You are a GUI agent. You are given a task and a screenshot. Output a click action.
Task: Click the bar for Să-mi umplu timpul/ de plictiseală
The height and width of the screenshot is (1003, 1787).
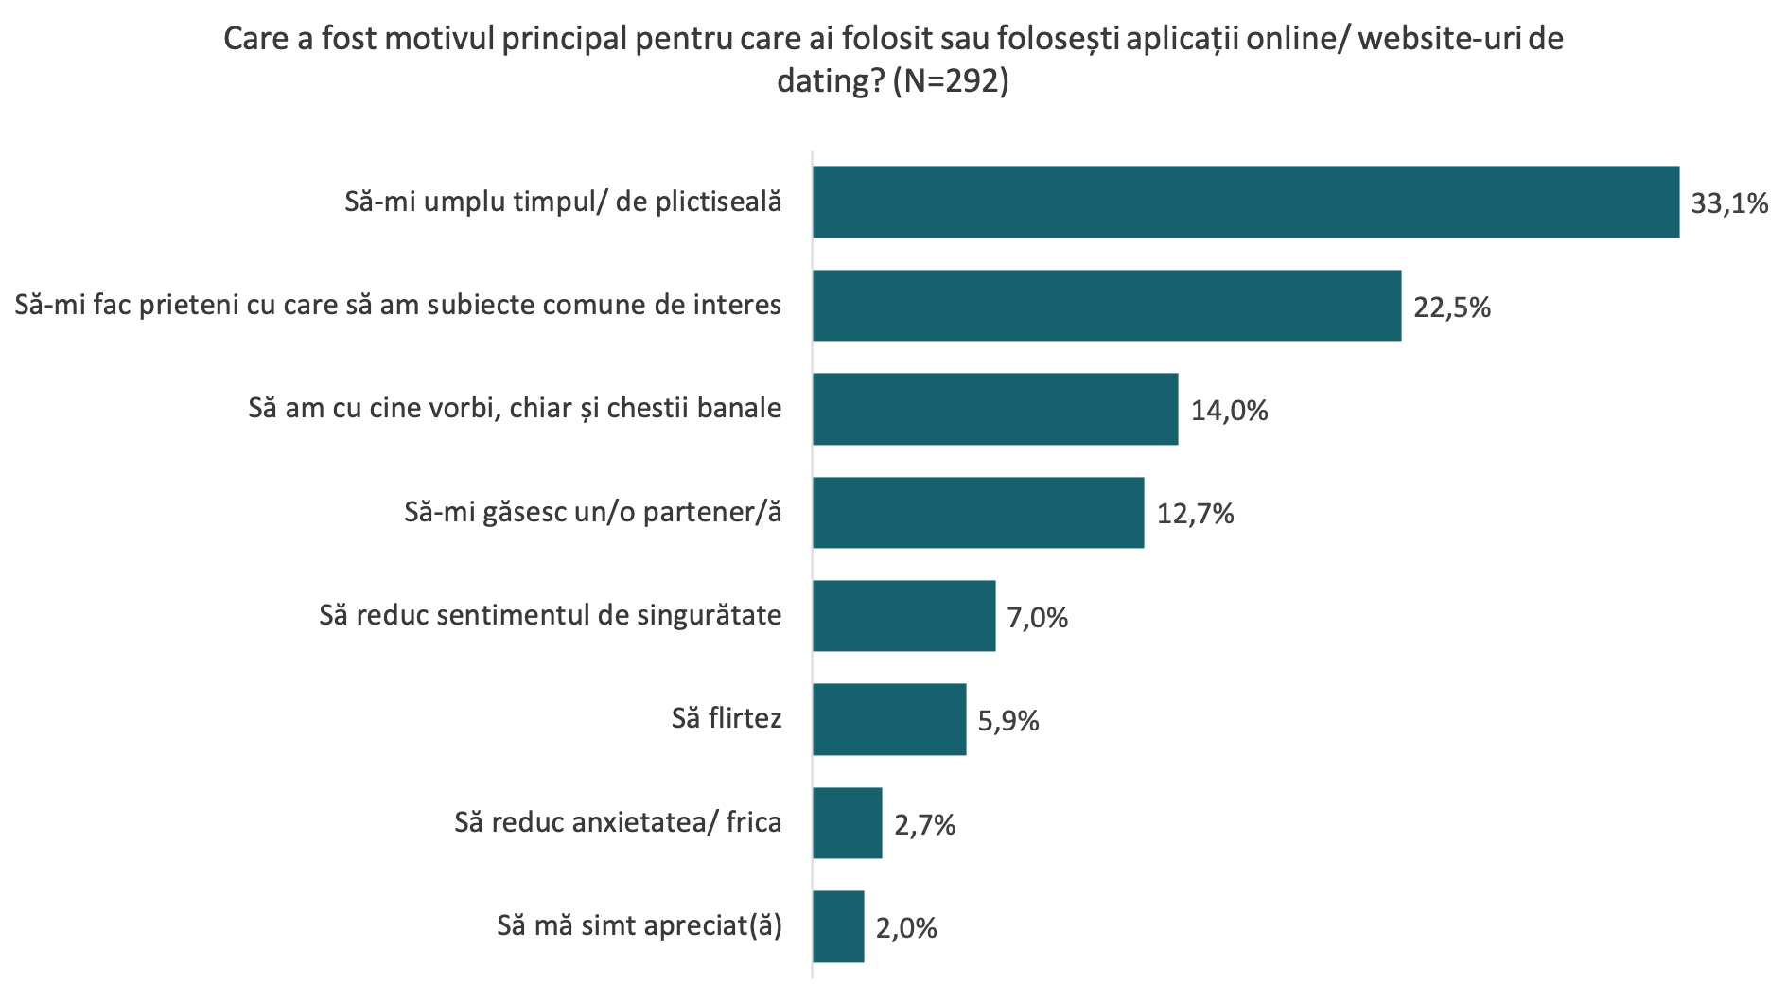[x=1246, y=202]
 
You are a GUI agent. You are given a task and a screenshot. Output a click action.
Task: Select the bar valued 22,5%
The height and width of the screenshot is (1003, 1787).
[x=1107, y=306]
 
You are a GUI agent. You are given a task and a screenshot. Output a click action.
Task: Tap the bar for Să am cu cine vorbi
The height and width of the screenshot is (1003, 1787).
[x=995, y=409]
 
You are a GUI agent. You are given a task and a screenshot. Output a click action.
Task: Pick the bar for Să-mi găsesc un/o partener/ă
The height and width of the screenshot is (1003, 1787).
[x=978, y=513]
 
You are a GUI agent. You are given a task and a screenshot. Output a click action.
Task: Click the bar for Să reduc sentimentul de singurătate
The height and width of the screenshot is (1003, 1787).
[x=904, y=616]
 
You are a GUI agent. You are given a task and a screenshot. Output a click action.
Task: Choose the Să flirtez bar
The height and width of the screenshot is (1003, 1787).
[x=889, y=719]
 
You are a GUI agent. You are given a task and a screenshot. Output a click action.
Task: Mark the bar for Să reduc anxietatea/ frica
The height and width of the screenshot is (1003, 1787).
[x=848, y=823]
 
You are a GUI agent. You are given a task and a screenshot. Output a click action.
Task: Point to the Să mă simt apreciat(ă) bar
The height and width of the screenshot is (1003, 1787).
[x=838, y=926]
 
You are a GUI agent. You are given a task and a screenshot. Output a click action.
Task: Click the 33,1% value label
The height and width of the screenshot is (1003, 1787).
[x=1729, y=203]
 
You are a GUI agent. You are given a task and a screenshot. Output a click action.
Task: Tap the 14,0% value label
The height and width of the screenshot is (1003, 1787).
[x=1229, y=411]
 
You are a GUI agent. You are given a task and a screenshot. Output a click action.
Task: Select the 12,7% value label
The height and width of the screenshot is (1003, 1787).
[x=1195, y=514]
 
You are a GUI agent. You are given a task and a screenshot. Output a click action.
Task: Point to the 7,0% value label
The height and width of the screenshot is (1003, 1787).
[x=1037, y=618]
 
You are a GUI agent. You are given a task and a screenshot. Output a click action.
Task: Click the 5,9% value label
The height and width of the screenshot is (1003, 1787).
[x=1007, y=721]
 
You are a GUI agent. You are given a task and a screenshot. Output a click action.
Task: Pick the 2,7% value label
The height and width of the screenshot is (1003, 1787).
[x=924, y=825]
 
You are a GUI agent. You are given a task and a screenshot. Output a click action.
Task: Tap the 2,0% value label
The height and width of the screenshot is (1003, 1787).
[x=905, y=928]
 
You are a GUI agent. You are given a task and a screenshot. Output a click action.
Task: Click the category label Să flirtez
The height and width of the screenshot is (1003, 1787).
[x=727, y=718]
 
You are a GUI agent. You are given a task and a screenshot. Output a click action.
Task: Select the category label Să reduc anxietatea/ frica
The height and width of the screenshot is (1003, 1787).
[x=618, y=822]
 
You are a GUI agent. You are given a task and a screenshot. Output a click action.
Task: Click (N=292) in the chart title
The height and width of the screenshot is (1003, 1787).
[x=951, y=82]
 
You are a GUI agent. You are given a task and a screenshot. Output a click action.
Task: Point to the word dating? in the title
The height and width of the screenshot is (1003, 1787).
[x=830, y=82]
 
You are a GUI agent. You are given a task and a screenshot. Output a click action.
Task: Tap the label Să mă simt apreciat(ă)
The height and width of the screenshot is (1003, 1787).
[x=639, y=925]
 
